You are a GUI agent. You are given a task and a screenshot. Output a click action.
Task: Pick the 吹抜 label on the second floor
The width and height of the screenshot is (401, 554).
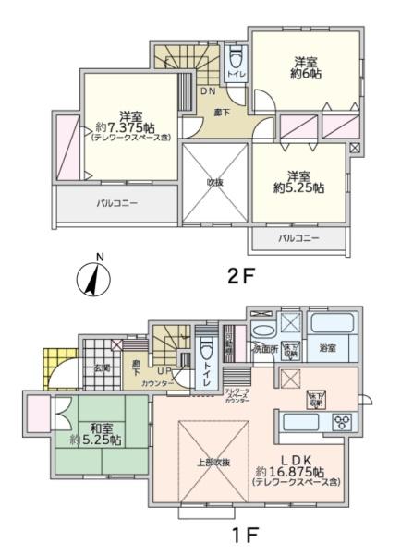point(215,182)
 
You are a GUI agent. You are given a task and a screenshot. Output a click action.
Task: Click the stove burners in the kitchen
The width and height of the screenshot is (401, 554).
point(343,424)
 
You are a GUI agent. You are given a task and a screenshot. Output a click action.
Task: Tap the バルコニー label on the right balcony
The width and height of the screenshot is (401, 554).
point(299,238)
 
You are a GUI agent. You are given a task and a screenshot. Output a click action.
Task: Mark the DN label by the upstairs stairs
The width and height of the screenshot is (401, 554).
point(210,91)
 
